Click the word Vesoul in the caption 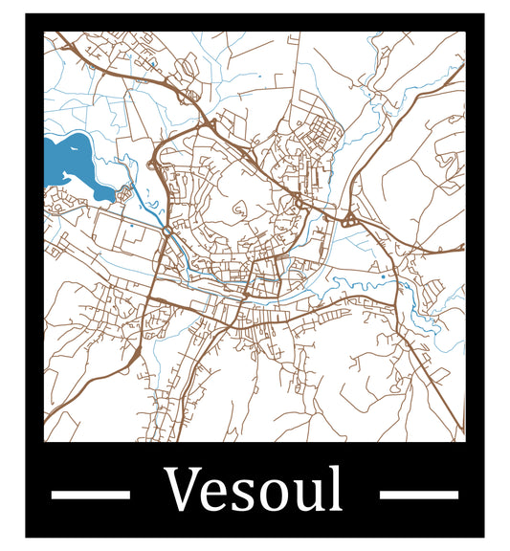[x=254, y=489]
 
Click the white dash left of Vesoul [x=90, y=495]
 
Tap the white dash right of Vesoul [x=418, y=495]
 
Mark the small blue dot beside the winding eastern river [x=383, y=277]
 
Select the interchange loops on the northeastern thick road [x=347, y=221]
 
